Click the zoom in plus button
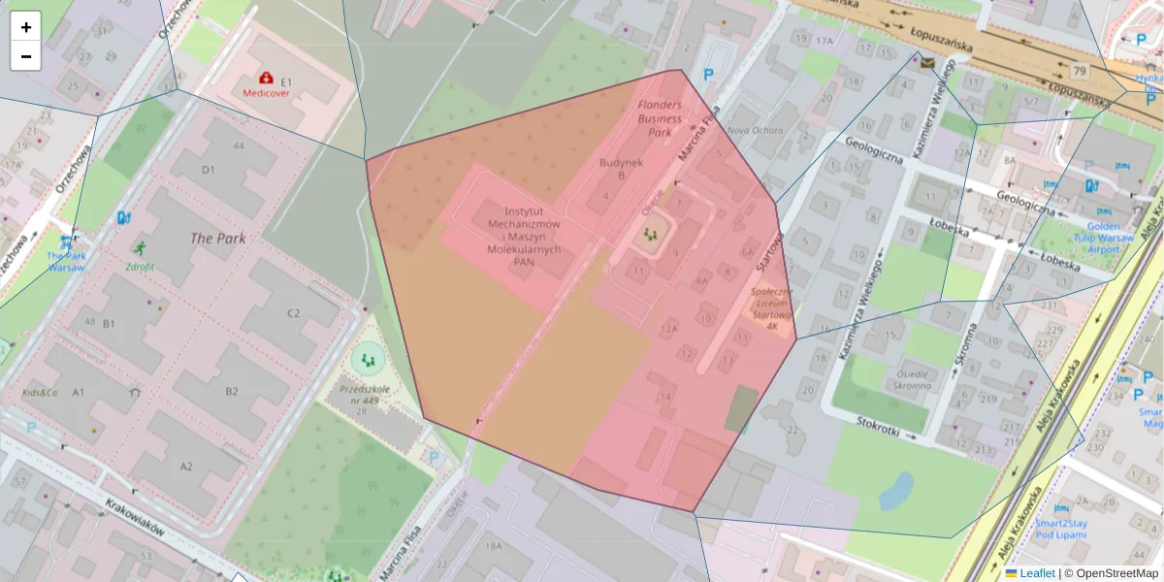point(26,27)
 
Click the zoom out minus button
point(26,56)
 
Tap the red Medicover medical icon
point(265,78)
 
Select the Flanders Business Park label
point(660,117)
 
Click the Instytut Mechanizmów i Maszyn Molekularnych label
point(524,236)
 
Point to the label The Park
point(217,238)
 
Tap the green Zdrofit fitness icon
point(141,248)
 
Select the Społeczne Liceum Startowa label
point(771,308)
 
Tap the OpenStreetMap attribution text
point(1117,573)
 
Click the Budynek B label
point(622,169)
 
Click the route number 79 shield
point(1080,70)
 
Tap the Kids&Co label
point(41,393)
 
